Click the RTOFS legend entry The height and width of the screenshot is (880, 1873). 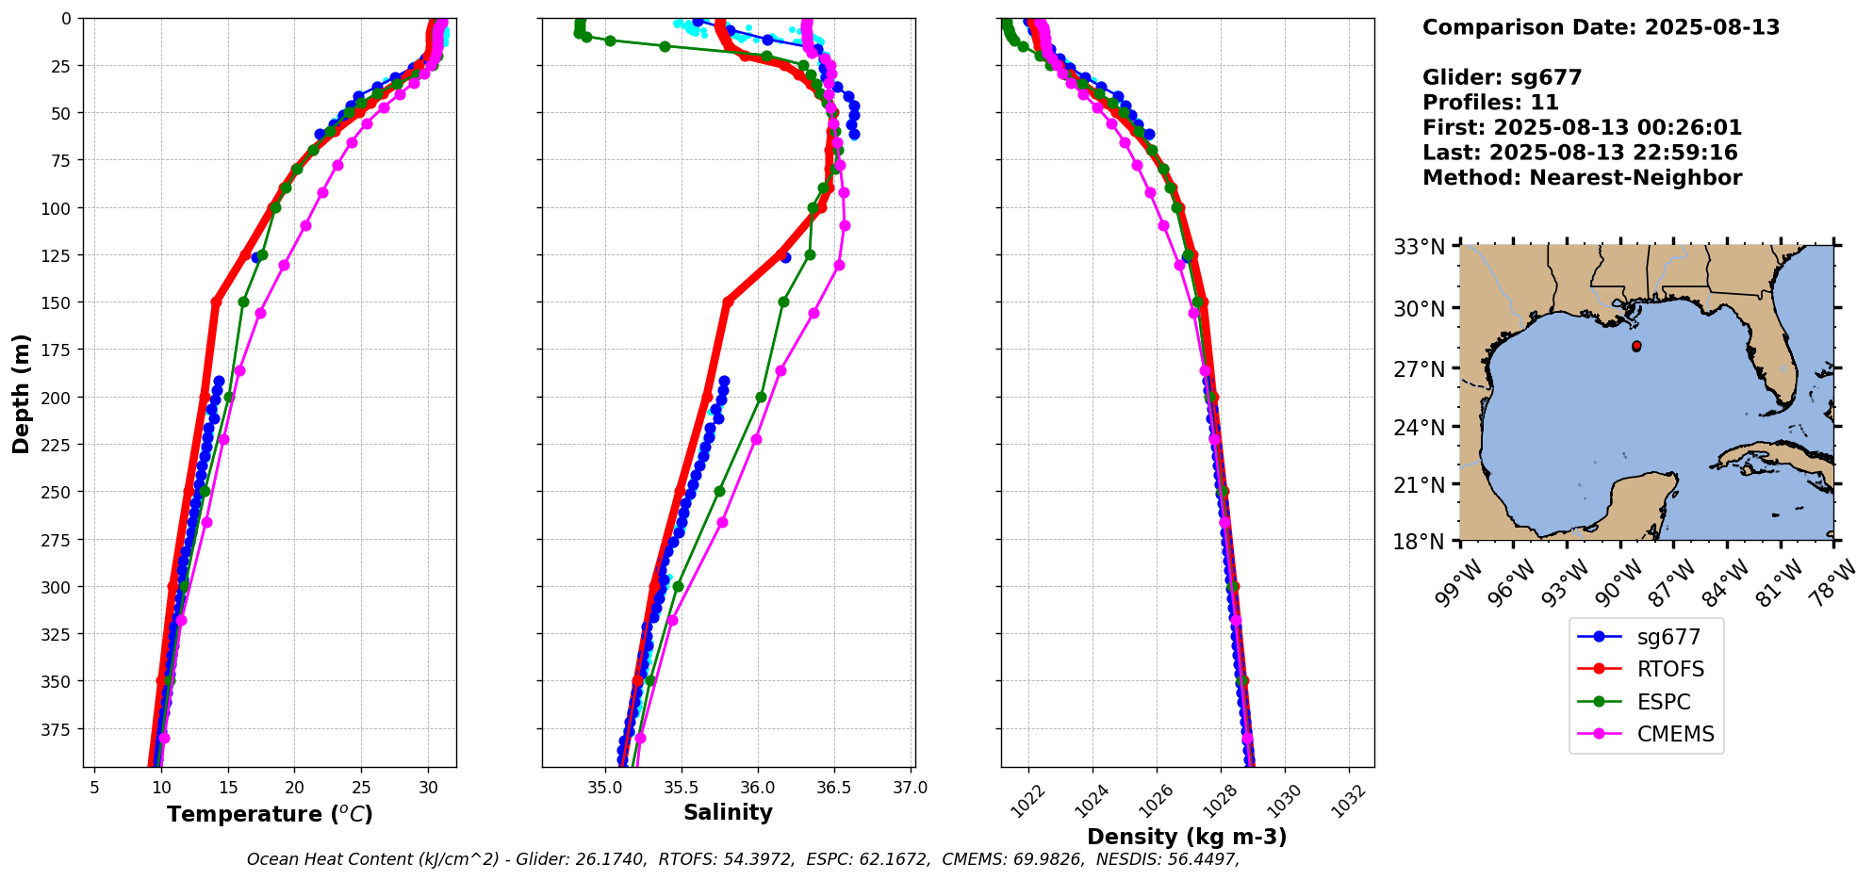click(x=1669, y=670)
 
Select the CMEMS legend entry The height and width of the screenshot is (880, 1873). click(x=1674, y=735)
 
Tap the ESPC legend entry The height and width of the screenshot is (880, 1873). click(x=1663, y=703)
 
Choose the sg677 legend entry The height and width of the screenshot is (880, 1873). click(x=1668, y=638)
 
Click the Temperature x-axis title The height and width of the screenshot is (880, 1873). click(x=270, y=814)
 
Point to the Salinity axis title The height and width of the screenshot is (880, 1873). click(x=728, y=812)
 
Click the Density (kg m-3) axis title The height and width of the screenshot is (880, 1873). click(x=1187, y=837)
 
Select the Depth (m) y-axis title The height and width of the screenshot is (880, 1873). click(x=21, y=393)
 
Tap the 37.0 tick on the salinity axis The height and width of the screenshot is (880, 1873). click(x=910, y=788)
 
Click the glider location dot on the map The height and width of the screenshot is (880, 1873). click(x=1636, y=347)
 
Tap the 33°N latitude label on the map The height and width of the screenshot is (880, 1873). click(x=1420, y=248)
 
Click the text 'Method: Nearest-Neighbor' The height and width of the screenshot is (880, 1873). click(x=1582, y=178)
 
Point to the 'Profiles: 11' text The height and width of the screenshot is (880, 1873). click(x=1490, y=103)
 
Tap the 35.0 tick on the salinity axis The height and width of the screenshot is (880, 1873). click(x=605, y=788)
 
